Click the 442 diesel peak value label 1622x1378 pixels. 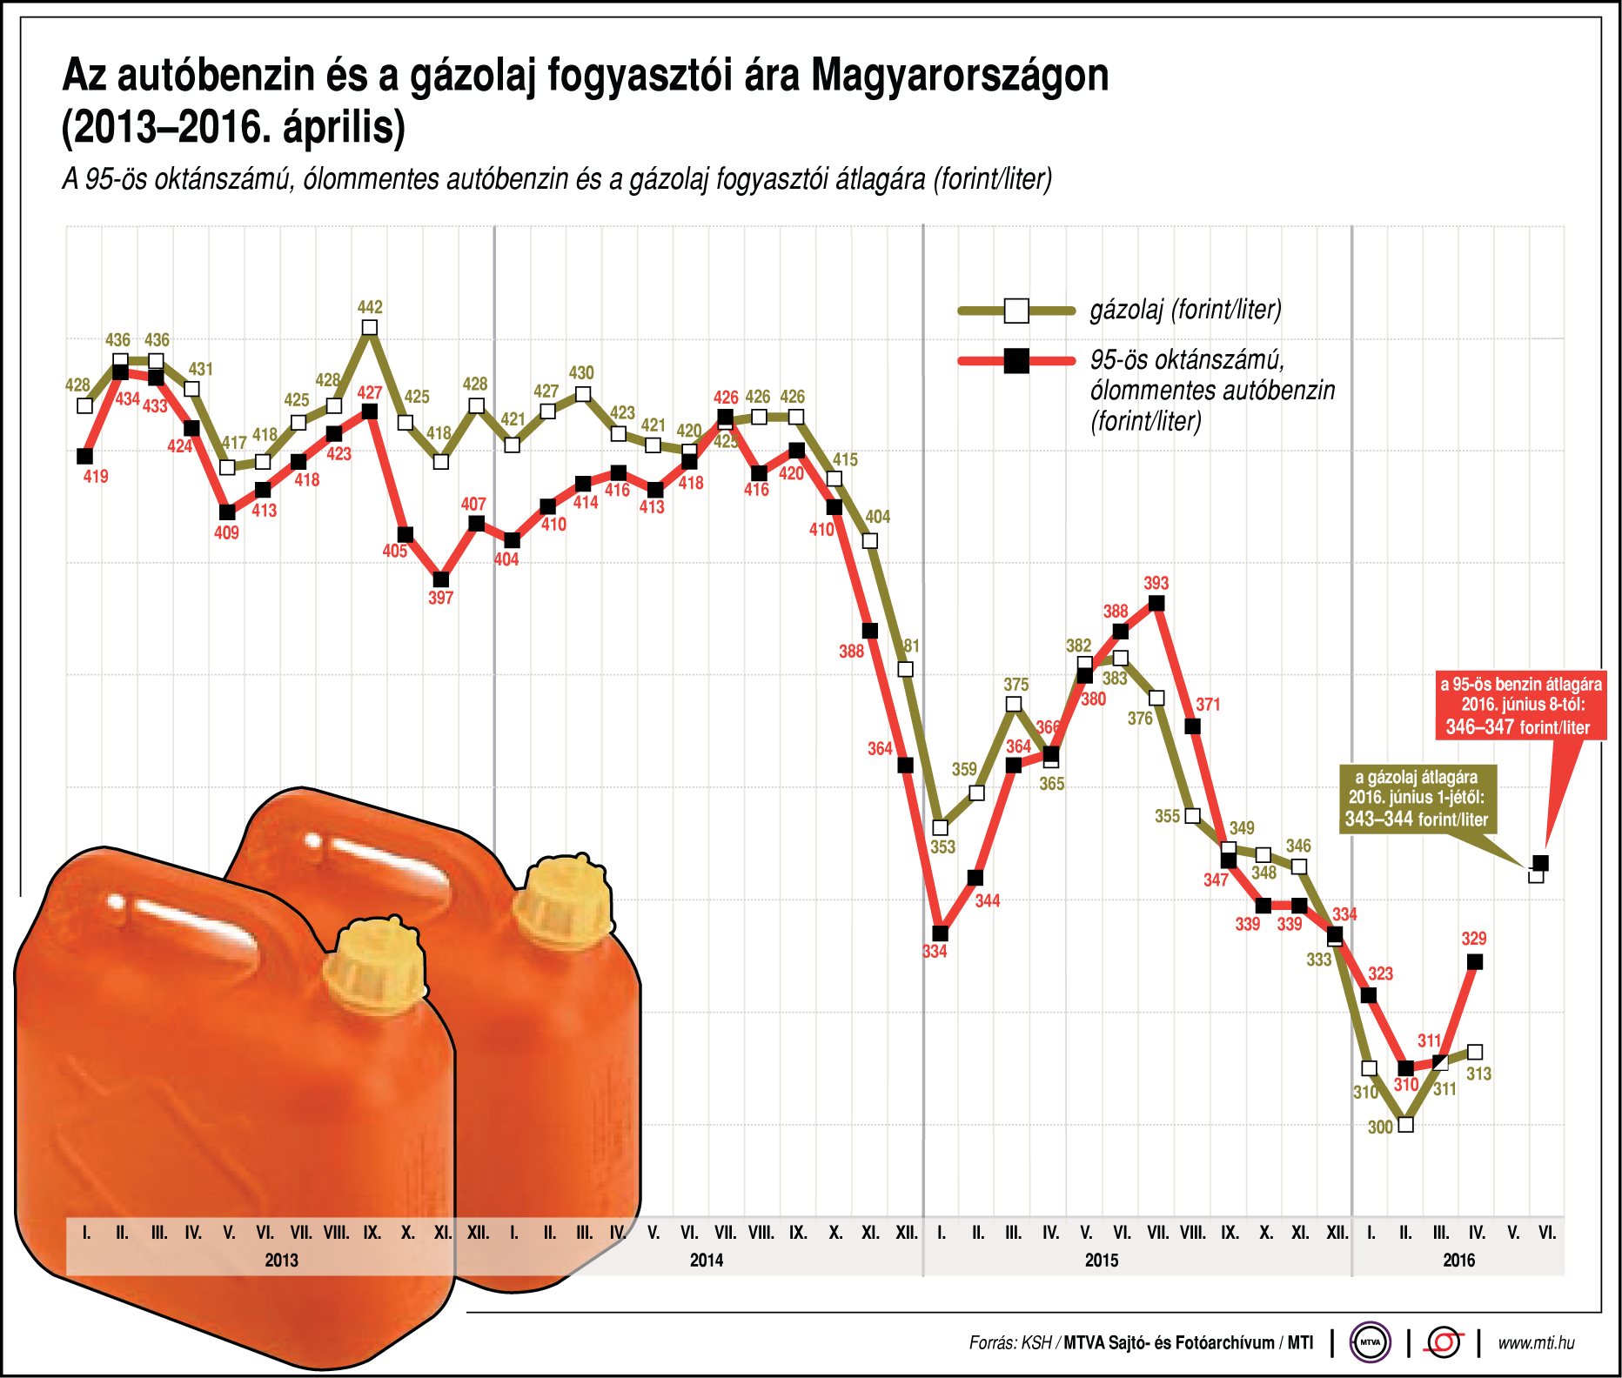pyautogui.click(x=370, y=307)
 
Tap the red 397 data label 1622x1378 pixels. pyautogui.click(x=440, y=598)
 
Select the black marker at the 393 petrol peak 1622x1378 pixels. pyautogui.click(x=1156, y=603)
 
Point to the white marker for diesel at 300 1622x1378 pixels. pyautogui.click(x=1404, y=1124)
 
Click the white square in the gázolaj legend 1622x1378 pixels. pyautogui.click(x=1015, y=311)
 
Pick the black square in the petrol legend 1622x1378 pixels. pyautogui.click(x=1015, y=360)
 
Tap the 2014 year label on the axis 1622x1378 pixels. pyautogui.click(x=706, y=1260)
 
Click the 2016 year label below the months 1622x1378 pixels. pyautogui.click(x=1458, y=1260)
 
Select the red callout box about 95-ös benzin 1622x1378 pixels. pyautogui.click(x=1520, y=706)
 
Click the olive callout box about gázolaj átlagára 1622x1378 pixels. pyautogui.click(x=1416, y=798)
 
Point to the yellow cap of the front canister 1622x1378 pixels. pyautogui.click(x=374, y=964)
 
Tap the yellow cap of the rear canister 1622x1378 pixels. pyautogui.click(x=563, y=900)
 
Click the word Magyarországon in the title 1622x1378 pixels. pyautogui.click(x=960, y=76)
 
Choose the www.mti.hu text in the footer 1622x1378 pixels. pyautogui.click(x=1536, y=1342)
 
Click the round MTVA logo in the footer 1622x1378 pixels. pyautogui.click(x=1370, y=1342)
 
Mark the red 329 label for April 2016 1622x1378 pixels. pyautogui.click(x=1473, y=939)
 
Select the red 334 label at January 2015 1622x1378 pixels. pyautogui.click(x=935, y=952)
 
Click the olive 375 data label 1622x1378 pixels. pyautogui.click(x=1015, y=685)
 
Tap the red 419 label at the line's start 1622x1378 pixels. pyautogui.click(x=96, y=476)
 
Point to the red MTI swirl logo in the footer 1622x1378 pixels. pyautogui.click(x=1444, y=1342)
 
